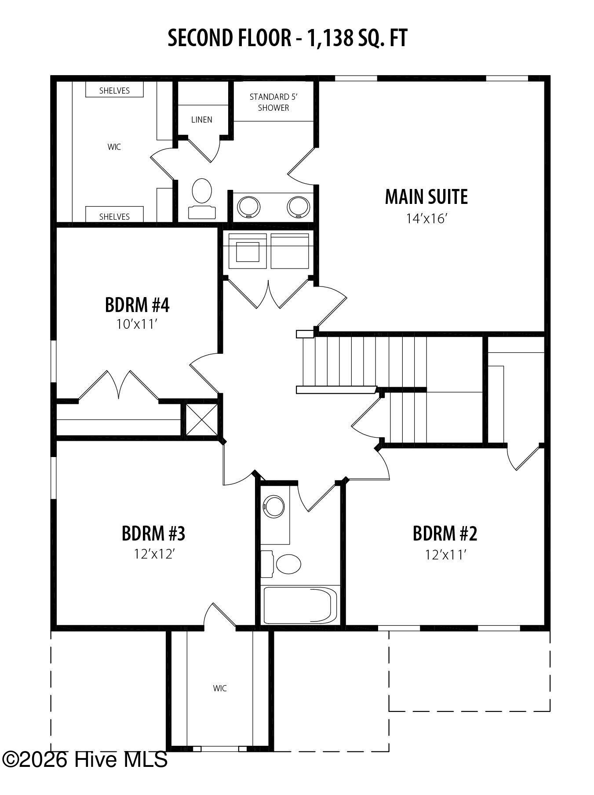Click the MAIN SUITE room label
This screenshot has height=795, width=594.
pyautogui.click(x=426, y=196)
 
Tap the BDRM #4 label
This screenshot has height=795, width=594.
pyautogui.click(x=137, y=305)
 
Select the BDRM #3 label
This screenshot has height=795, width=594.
pyautogui.click(x=153, y=534)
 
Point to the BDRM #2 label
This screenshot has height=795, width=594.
pyautogui.click(x=445, y=534)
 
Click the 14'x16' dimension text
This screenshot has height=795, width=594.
pyautogui.click(x=426, y=218)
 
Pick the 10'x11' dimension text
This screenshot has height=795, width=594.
pyautogui.click(x=137, y=324)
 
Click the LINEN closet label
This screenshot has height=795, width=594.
pyautogui.click(x=202, y=120)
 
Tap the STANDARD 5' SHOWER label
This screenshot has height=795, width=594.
pyautogui.click(x=273, y=102)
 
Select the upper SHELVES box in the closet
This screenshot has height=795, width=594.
pyautogui.click(x=114, y=90)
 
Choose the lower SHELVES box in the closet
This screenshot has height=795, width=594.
pyautogui.click(x=114, y=214)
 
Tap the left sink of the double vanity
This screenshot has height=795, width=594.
pyautogui.click(x=248, y=206)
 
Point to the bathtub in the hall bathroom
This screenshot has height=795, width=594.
pyautogui.click(x=300, y=605)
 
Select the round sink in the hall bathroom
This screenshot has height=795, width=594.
pyautogui.click(x=274, y=507)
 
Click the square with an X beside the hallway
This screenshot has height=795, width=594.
pyautogui.click(x=201, y=419)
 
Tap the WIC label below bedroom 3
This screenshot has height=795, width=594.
pyautogui.click(x=220, y=688)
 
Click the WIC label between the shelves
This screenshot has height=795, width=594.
pyautogui.click(x=114, y=147)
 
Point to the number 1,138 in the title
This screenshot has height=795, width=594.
pyautogui.click(x=330, y=38)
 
